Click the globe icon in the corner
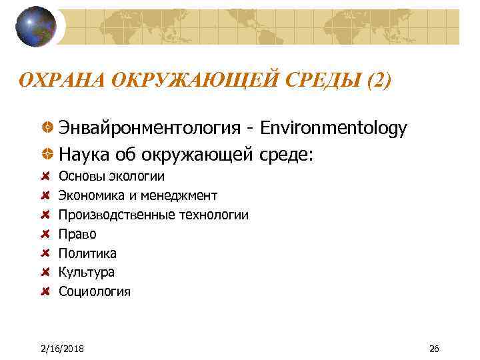(36, 26)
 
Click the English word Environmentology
(332, 129)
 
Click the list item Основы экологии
(111, 177)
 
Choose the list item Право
(77, 234)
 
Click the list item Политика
(87, 253)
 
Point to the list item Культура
(87, 272)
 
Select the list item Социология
(95, 291)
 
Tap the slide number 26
(434, 349)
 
